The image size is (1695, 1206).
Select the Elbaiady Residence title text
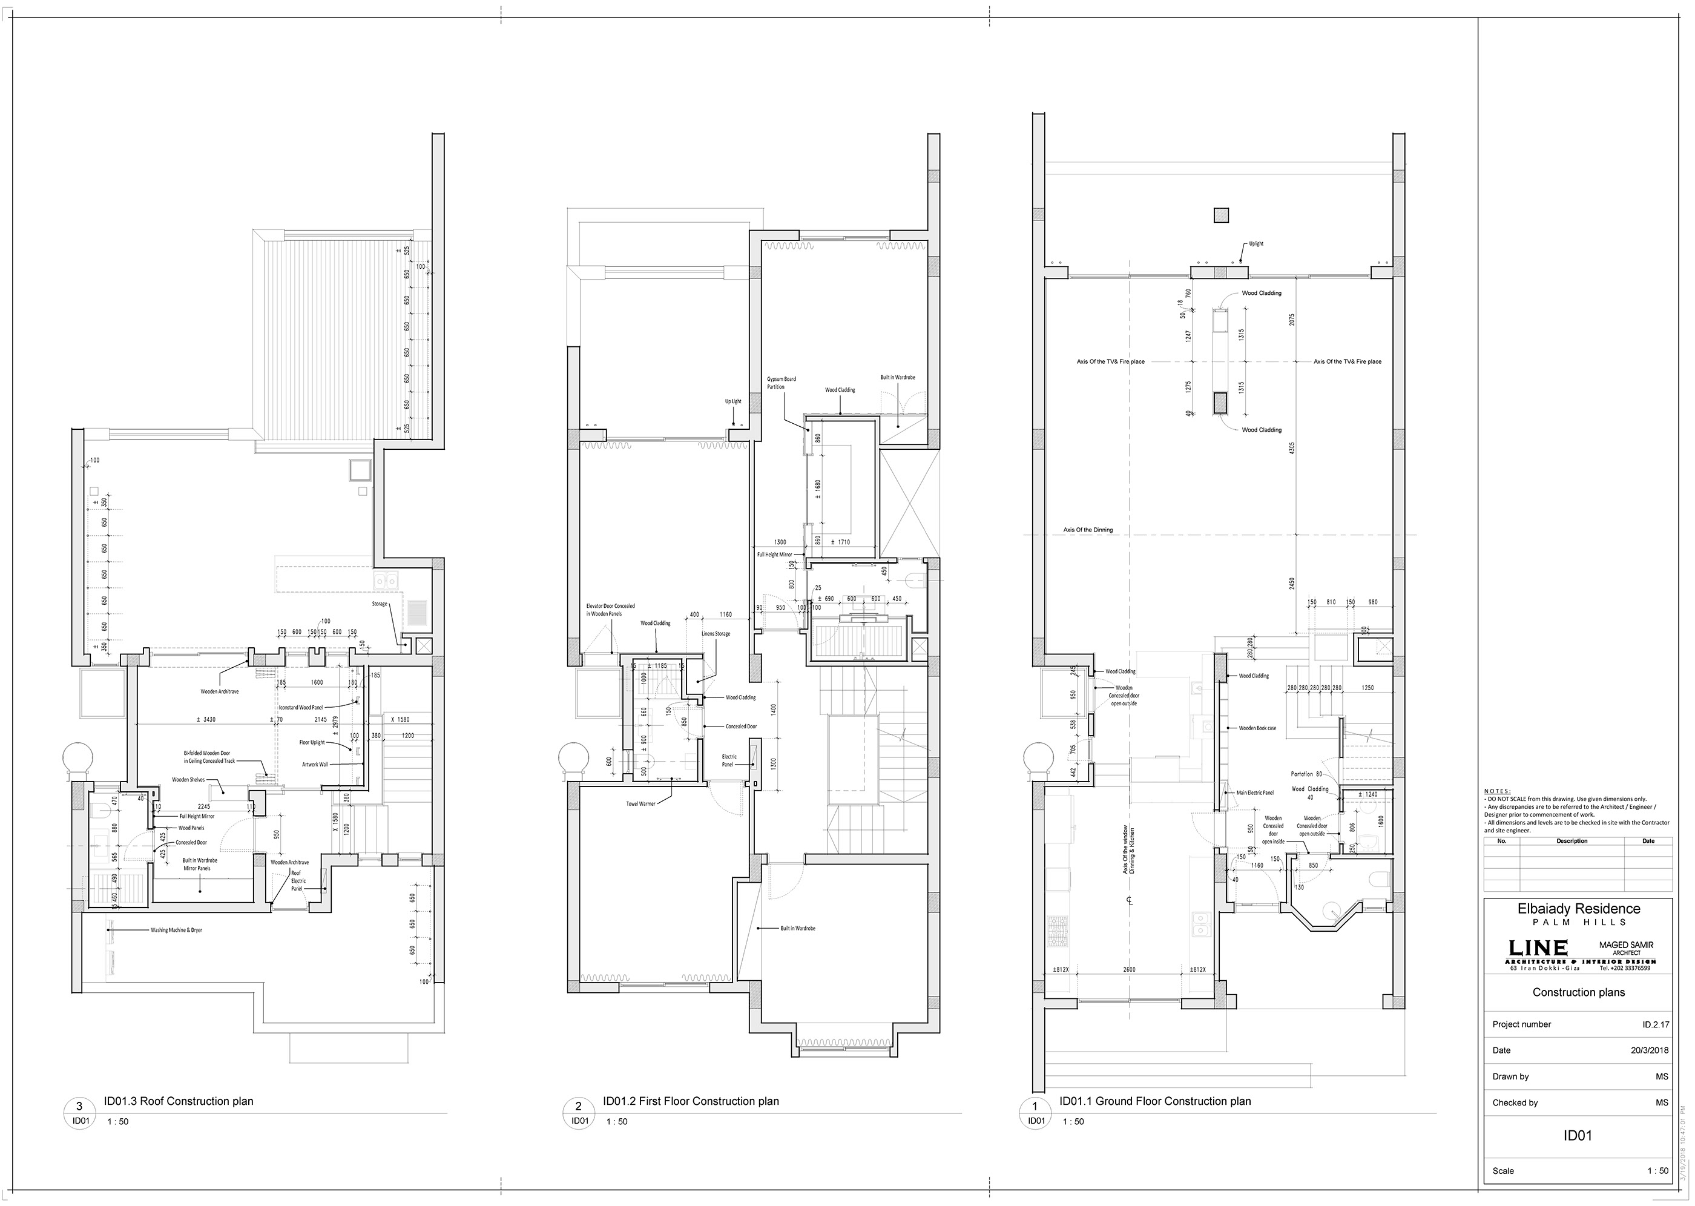pos(1578,908)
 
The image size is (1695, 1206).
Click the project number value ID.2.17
pos(1655,1024)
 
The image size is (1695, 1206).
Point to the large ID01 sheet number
pos(1578,1135)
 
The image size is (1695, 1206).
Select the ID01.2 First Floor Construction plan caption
pos(691,1101)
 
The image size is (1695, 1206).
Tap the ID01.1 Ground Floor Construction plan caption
pos(1154,1101)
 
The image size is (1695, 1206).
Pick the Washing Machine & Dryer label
pos(176,930)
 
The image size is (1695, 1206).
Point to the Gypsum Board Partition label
pos(781,383)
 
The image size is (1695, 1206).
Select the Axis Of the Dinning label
pos(1088,530)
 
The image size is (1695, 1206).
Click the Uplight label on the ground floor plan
pos(1256,243)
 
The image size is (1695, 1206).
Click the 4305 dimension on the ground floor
pos(1292,448)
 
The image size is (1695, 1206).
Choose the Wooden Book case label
pos(1257,728)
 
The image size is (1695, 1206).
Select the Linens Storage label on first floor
pos(716,633)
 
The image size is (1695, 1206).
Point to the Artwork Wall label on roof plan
pos(314,764)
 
